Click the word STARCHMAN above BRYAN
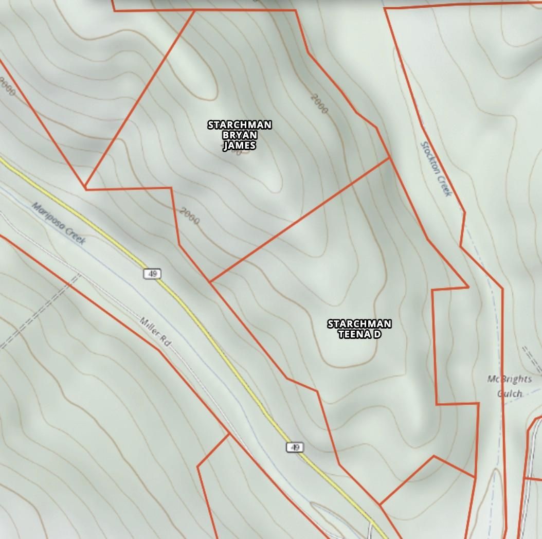tap(240, 125)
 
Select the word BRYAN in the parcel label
tap(240, 135)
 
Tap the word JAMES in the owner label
tap(240, 146)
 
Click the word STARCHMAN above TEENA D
tap(359, 324)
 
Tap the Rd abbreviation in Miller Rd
tap(165, 340)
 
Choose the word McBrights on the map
tap(510, 380)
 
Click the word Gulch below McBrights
tap(510, 394)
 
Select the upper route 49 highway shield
tap(152, 274)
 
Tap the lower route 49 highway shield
tap(295, 447)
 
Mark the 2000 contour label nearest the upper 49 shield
tap(190, 216)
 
